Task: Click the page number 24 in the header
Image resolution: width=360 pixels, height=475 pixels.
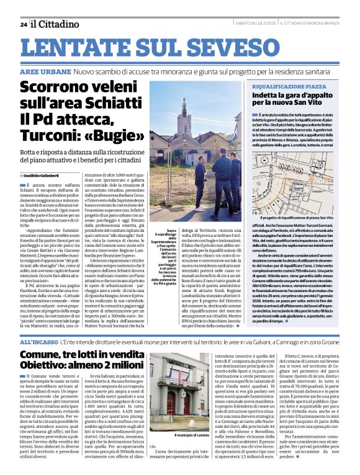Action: coord(23,24)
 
